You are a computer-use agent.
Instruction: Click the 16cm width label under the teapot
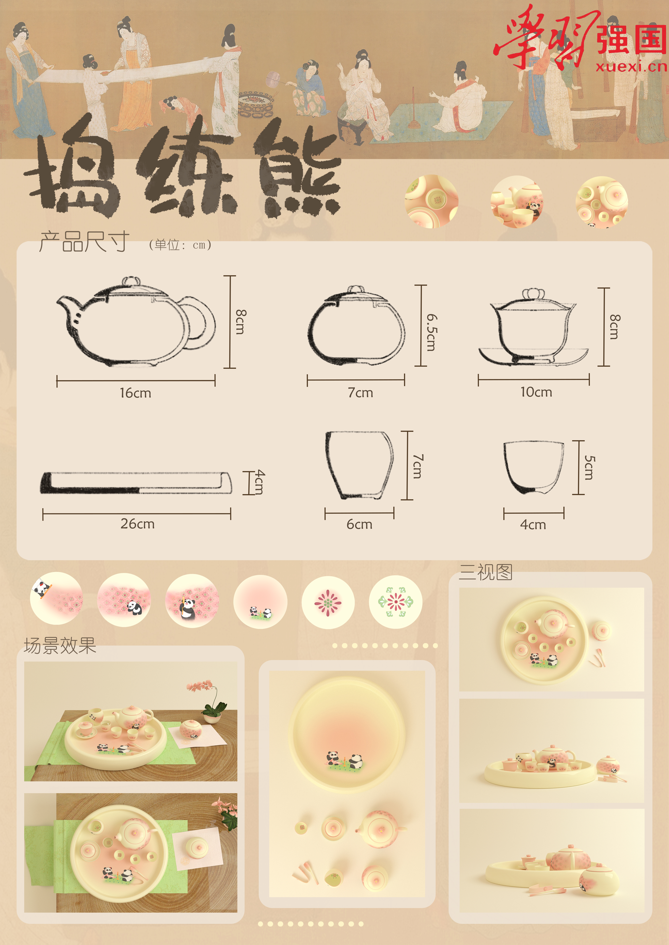point(136,393)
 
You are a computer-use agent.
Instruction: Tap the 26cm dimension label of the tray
point(138,524)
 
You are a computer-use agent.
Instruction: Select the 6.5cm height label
point(431,333)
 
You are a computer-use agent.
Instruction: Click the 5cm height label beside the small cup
point(589,468)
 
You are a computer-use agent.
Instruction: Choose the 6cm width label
point(359,524)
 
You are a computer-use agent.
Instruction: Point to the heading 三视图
point(486,572)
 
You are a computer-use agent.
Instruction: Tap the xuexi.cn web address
point(631,66)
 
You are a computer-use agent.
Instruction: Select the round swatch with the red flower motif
point(328,603)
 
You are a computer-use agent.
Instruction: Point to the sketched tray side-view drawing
point(136,482)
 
